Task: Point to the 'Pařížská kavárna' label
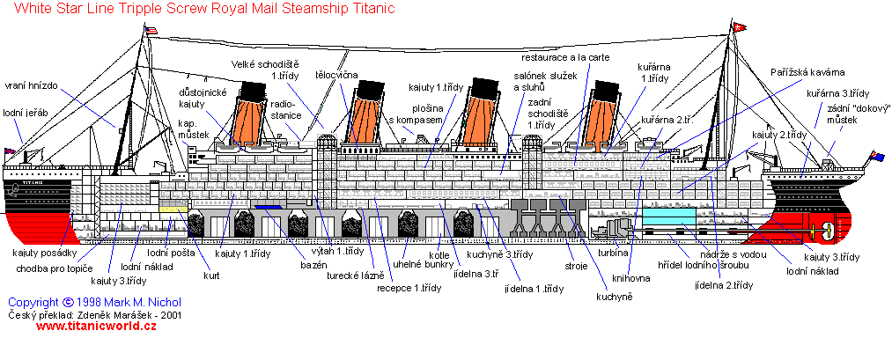tap(807, 72)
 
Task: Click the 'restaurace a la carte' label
tap(565, 57)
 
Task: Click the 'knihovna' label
tap(630, 278)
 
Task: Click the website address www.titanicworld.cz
tap(96, 326)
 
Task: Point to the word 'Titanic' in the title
tap(377, 9)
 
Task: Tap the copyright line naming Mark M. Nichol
tap(94, 303)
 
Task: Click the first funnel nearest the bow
tap(248, 114)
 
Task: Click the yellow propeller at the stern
tap(821, 231)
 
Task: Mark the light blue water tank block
tap(669, 217)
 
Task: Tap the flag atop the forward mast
tap(151, 31)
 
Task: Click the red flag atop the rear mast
tap(740, 26)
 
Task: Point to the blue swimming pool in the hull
tap(267, 207)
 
